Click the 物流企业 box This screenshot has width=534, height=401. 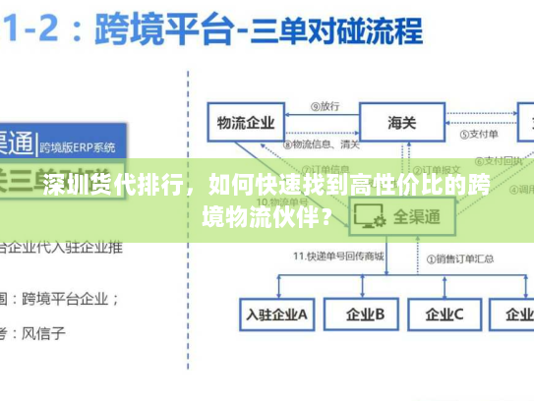point(246,123)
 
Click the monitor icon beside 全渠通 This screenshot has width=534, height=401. point(370,215)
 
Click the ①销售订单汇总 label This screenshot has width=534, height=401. point(461,257)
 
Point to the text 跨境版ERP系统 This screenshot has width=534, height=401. point(78,147)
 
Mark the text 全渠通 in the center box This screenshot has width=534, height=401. point(417,216)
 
